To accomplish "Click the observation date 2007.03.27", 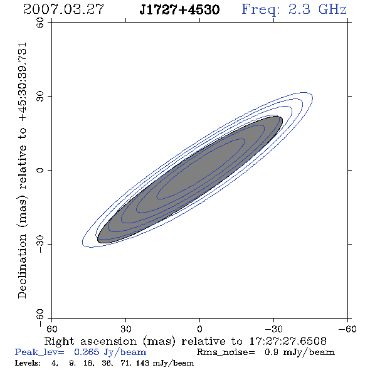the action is [63, 9].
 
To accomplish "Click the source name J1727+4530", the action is [179, 9].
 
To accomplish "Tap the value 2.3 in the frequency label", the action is [299, 9].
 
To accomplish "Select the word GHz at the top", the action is [332, 9].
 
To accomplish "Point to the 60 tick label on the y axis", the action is [40, 23].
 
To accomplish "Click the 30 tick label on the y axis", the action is [40, 97].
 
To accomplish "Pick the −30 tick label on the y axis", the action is [40, 244].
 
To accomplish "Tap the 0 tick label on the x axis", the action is [199, 329].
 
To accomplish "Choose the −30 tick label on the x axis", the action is [273, 329].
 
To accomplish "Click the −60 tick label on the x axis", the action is [347, 329].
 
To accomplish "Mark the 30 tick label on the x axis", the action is [126, 329].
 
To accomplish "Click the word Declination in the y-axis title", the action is [22, 266].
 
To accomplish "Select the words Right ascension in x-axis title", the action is [90, 341].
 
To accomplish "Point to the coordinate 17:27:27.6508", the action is [288, 341].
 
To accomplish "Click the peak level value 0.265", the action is [87, 352].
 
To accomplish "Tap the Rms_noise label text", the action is [226, 352].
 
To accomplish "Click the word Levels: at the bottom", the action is [28, 363].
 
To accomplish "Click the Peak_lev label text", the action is [40, 352].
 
